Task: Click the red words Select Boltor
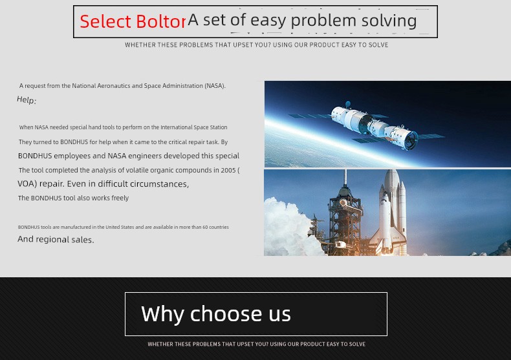133,21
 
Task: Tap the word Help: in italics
27,100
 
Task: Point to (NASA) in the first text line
215,85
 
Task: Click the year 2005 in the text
228,170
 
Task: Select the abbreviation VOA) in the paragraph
27,184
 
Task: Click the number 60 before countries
205,228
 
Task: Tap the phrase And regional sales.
56,240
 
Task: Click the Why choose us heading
216,314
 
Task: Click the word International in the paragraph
176,127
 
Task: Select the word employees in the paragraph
72,156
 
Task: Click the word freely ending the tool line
120,198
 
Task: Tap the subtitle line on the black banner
257,344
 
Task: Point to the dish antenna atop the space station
348,104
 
